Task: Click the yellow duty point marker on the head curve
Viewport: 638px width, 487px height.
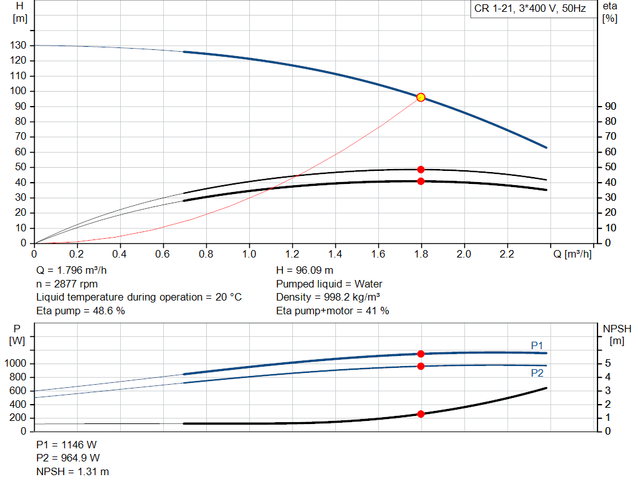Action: point(421,97)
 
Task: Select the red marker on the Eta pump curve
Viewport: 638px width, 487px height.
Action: point(421,170)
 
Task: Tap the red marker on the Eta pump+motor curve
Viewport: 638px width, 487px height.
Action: point(421,181)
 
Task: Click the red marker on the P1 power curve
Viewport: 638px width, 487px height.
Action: point(421,354)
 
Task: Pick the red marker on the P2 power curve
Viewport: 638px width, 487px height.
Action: point(421,366)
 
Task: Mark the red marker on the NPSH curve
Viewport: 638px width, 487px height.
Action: point(421,414)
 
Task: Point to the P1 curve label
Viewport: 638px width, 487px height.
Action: point(537,345)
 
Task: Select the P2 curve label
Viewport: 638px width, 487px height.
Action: point(537,373)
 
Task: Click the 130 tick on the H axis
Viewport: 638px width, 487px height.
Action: point(19,46)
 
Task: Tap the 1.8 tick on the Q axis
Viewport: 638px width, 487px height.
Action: point(421,254)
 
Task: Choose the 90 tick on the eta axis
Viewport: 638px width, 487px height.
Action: point(610,107)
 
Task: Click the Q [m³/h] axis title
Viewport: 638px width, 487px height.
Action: point(571,254)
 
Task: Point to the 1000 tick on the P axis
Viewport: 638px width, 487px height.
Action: point(17,364)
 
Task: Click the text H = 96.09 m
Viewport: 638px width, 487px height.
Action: point(305,271)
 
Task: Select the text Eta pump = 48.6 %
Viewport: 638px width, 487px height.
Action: point(80,311)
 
